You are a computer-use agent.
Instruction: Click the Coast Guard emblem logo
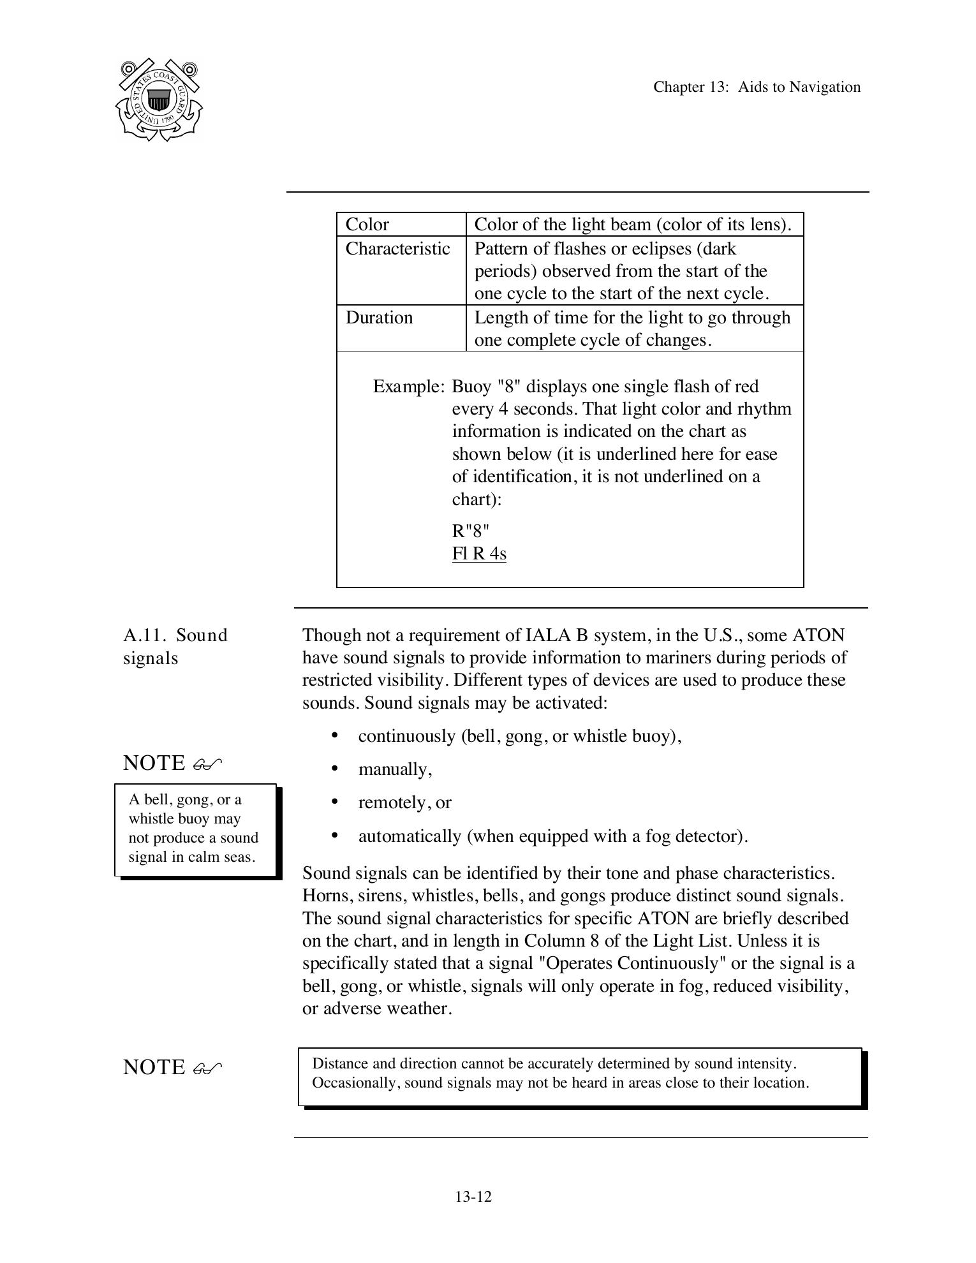[x=159, y=100]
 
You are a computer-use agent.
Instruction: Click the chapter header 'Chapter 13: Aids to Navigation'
[x=757, y=87]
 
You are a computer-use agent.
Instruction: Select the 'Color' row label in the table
[x=367, y=225]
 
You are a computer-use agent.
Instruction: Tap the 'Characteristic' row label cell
[x=397, y=249]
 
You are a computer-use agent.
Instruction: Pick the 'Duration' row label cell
[x=379, y=318]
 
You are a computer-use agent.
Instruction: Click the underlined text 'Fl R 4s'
[x=479, y=553]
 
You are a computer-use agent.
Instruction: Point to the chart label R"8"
[x=471, y=531]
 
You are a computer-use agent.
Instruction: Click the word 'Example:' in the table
[x=408, y=387]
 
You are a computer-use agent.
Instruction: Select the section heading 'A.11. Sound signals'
[x=175, y=646]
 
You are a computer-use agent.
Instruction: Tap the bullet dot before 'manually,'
[x=335, y=769]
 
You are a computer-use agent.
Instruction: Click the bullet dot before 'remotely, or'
[x=335, y=802]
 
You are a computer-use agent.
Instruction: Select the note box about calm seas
[x=195, y=829]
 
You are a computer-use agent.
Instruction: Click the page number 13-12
[x=473, y=1197]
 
